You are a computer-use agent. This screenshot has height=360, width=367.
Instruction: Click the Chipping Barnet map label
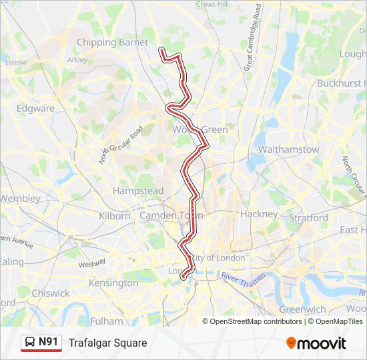click(113, 43)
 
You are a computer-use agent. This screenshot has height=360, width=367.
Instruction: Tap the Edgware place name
click(35, 108)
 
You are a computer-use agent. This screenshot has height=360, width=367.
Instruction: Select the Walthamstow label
click(288, 149)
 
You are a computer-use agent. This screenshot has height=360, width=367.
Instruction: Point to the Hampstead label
click(138, 191)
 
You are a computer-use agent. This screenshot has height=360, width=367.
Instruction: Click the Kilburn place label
click(115, 216)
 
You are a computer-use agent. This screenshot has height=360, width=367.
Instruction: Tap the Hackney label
click(259, 214)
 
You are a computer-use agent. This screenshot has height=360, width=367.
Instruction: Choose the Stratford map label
click(308, 218)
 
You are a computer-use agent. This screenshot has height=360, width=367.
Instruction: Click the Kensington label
click(113, 283)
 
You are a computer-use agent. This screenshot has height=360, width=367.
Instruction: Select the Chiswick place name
click(50, 293)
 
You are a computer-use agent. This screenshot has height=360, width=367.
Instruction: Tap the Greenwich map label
click(302, 309)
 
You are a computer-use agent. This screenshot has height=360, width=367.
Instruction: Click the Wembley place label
click(20, 198)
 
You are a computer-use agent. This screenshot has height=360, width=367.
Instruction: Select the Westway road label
click(91, 263)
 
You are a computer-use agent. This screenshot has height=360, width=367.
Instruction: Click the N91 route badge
click(41, 343)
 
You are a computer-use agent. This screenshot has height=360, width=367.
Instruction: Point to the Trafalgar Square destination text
click(107, 343)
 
